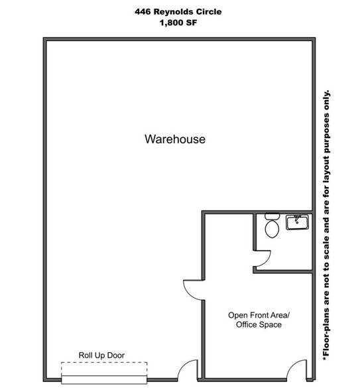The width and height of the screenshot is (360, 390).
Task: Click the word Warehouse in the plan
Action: coord(175,139)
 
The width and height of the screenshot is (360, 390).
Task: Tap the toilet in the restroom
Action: coord(272,227)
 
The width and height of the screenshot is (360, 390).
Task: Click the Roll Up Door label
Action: coord(101,356)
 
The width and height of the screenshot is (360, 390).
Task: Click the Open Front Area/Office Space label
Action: coord(255,320)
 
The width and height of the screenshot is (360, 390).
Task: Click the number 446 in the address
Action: coord(144,11)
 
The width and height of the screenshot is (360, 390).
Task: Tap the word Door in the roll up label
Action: coord(115,356)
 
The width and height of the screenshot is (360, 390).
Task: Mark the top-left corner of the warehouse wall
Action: coord(46,40)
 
